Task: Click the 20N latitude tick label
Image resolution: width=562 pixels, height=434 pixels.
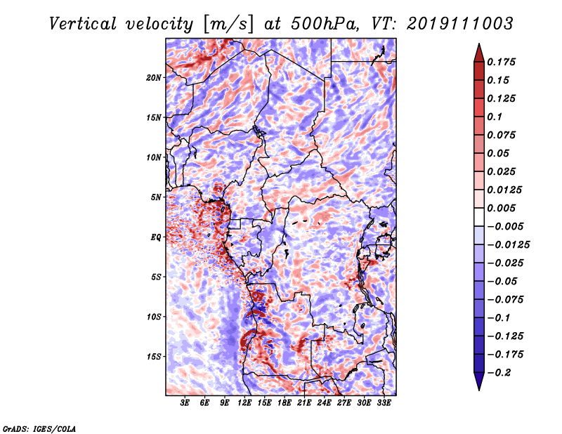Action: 153,77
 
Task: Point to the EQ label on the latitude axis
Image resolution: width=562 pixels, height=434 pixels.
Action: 156,237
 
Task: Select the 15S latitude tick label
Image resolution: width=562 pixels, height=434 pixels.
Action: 154,357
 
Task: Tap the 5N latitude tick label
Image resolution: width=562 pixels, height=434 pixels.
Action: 156,197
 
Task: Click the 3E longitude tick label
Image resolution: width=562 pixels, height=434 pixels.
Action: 185,402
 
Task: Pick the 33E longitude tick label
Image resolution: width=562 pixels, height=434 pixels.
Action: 384,402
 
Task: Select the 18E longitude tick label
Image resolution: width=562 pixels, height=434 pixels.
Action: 285,402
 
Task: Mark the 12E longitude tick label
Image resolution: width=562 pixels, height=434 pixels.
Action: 244,402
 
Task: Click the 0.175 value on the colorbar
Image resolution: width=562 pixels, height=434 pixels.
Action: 501,62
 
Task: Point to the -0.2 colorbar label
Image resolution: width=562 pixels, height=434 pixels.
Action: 499,373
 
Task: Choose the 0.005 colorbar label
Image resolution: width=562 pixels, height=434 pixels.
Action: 501,208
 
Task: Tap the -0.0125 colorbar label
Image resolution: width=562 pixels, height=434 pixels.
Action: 508,245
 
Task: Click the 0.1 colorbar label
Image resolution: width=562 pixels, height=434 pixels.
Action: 495,117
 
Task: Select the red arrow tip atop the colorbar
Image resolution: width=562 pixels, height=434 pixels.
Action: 479,44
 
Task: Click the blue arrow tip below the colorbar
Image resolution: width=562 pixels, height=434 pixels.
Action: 479,389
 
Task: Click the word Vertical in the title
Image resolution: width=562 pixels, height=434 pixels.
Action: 83,24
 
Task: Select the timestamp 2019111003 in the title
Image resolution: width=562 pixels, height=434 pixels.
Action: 460,24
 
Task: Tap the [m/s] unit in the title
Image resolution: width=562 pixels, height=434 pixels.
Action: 228,25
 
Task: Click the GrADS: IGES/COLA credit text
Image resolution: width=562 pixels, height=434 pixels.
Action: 39,428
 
